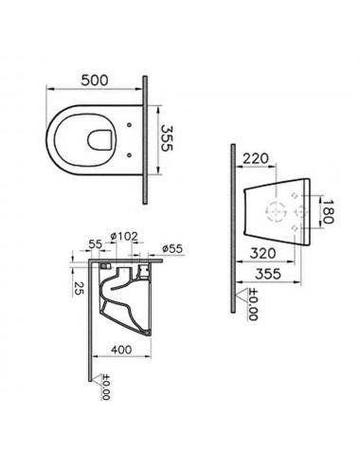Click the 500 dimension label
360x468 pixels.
pos(95,81)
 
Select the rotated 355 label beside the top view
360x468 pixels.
pos(167,138)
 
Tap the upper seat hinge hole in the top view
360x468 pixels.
pos(129,125)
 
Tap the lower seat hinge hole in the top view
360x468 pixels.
pos(129,154)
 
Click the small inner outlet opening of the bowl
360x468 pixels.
pos(99,139)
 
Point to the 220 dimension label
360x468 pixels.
pos(255,158)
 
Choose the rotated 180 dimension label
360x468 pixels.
pos(328,211)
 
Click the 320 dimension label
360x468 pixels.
pos(262,253)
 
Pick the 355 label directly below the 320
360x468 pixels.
pos(268,274)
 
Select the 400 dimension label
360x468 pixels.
pos(121,350)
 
